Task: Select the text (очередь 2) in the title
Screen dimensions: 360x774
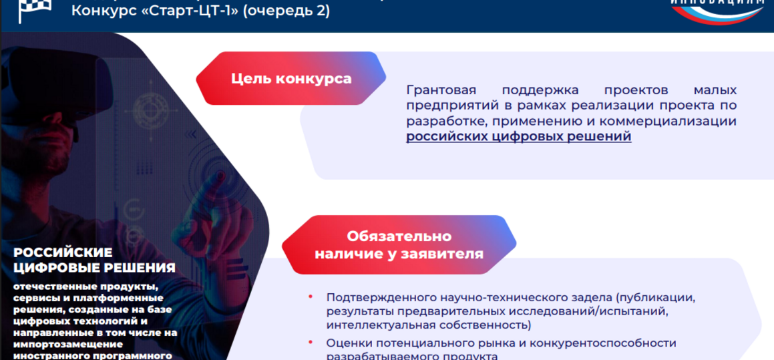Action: [286, 11]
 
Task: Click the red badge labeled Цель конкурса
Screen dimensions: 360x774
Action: [291, 79]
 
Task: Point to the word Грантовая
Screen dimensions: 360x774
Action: [441, 89]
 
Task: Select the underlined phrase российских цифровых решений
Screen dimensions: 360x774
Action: [518, 137]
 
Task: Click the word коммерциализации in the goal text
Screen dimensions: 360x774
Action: [677, 122]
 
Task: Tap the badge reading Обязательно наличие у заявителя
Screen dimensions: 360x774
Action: [399, 245]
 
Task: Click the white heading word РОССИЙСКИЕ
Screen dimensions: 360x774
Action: [63, 253]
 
